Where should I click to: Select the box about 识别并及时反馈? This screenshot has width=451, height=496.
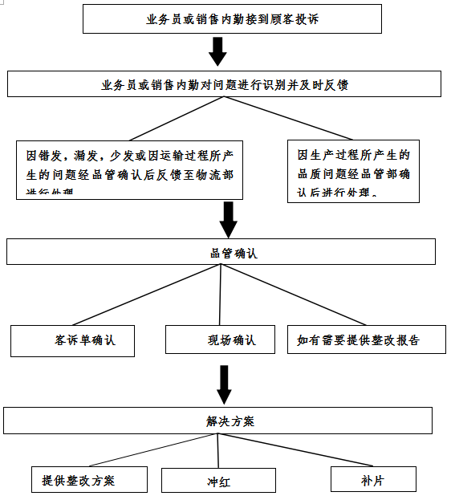click(x=224, y=84)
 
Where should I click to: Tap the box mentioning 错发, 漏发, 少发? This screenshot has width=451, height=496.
click(x=129, y=169)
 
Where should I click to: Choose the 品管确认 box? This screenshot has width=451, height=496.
click(x=221, y=252)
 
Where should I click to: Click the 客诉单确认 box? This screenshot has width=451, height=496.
click(x=72, y=340)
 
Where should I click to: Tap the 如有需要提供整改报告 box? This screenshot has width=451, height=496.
click(x=358, y=339)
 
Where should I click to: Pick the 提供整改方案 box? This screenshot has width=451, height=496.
click(x=90, y=480)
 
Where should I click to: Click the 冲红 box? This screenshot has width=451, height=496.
click(x=217, y=481)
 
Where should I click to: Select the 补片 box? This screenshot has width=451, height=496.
click(x=373, y=479)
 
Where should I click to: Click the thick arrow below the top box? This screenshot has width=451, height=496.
click(x=217, y=53)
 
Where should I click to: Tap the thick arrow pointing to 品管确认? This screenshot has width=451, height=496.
click(x=229, y=219)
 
